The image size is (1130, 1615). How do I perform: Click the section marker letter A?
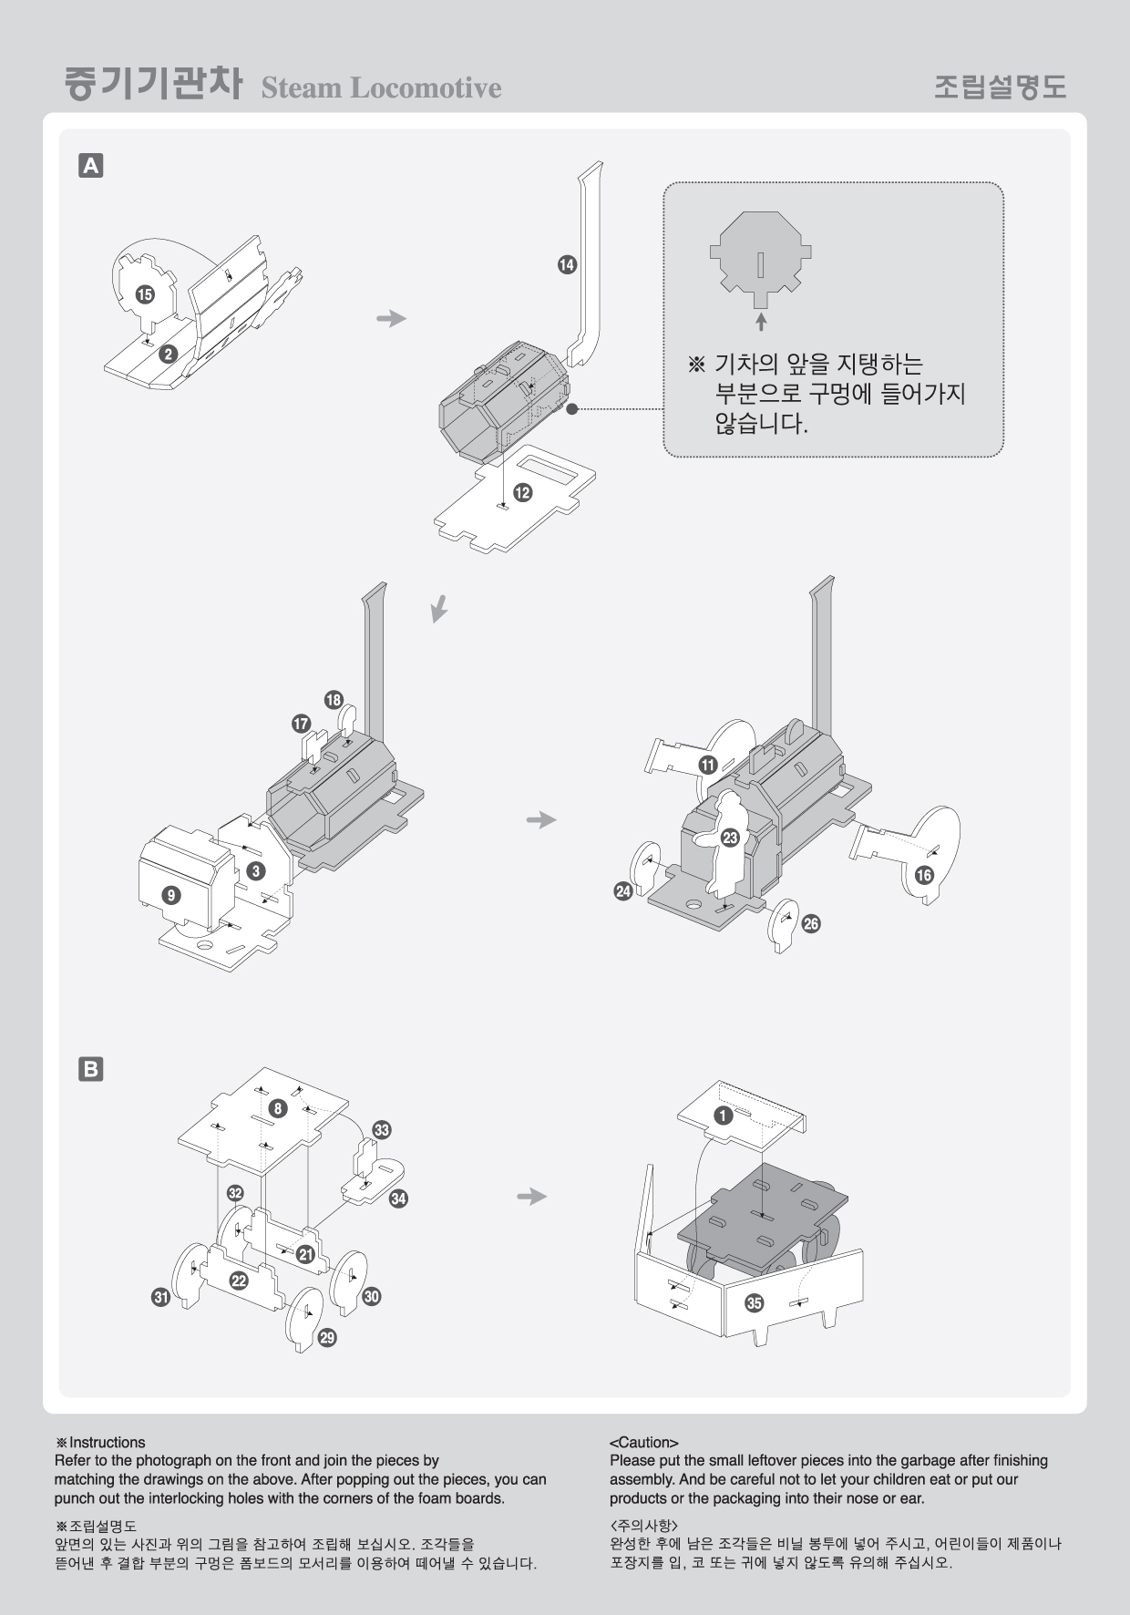coord(91,166)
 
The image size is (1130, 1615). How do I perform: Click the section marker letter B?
coord(91,1069)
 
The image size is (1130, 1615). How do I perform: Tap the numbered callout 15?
coord(144,294)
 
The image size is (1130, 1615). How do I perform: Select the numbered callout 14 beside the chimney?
coord(567,264)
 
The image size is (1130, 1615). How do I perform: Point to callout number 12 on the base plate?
coord(522,492)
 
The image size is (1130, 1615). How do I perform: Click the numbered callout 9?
coord(170,895)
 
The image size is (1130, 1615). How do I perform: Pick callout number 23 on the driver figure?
coord(729,838)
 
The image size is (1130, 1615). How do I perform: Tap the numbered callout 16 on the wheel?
coord(924,875)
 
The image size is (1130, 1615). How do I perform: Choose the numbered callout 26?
coord(810,923)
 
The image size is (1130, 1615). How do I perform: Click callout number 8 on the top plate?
coord(278,1108)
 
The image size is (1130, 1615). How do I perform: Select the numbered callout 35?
coord(754,1302)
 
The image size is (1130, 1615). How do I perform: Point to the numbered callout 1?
coord(724,1116)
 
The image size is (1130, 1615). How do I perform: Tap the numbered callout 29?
coord(327,1338)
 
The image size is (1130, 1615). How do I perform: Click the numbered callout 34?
coord(398,1198)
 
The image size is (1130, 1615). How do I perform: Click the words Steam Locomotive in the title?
coord(381,87)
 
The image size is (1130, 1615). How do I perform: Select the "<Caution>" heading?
coord(644,1443)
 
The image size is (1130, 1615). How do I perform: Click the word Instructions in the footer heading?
coord(108,1443)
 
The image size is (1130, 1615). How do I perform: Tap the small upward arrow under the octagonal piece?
coord(761,321)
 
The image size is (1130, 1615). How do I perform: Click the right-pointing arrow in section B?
coord(531,1196)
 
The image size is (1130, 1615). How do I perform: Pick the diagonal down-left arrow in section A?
coord(439,608)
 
